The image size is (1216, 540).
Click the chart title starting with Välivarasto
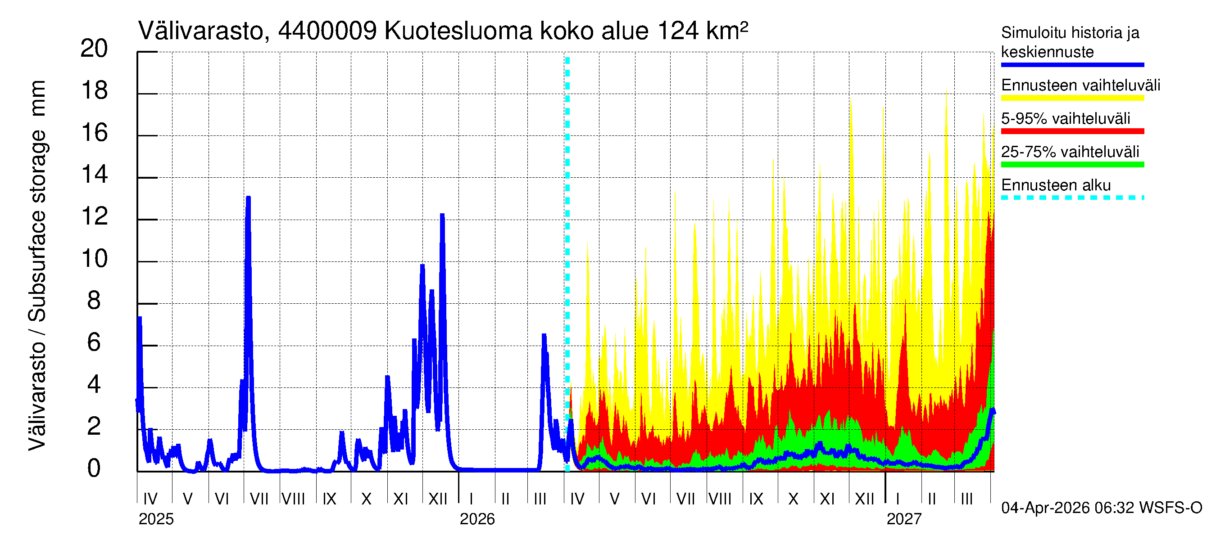442,31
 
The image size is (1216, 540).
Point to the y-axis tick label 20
94,49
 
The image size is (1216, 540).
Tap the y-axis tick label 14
94,175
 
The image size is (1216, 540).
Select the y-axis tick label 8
94,301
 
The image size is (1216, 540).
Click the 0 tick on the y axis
94,468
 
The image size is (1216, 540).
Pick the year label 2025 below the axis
156,519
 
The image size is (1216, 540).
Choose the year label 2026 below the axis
477,519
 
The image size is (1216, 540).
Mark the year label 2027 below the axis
903,519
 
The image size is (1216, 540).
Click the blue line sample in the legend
1072,65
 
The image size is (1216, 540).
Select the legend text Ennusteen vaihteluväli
1080,85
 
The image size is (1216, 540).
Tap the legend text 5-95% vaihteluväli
1066,118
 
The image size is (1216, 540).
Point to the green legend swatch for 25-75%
1072,165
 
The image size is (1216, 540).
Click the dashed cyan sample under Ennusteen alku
1072,198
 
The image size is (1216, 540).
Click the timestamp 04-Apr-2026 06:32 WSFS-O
1101,508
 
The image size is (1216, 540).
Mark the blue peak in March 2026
544,335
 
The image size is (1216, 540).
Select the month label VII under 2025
259,499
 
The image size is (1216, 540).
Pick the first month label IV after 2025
150,499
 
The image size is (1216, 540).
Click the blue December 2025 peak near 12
442,216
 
